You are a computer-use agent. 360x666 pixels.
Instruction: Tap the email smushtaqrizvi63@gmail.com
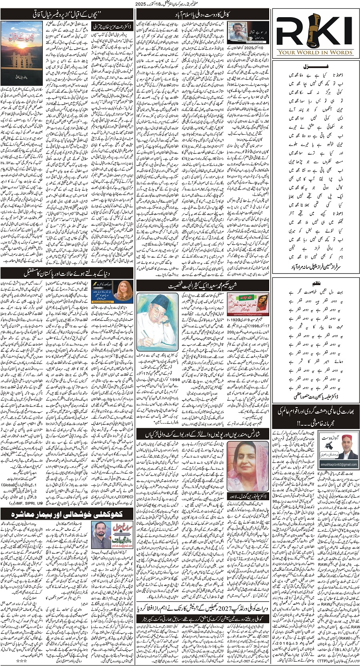[338, 464]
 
